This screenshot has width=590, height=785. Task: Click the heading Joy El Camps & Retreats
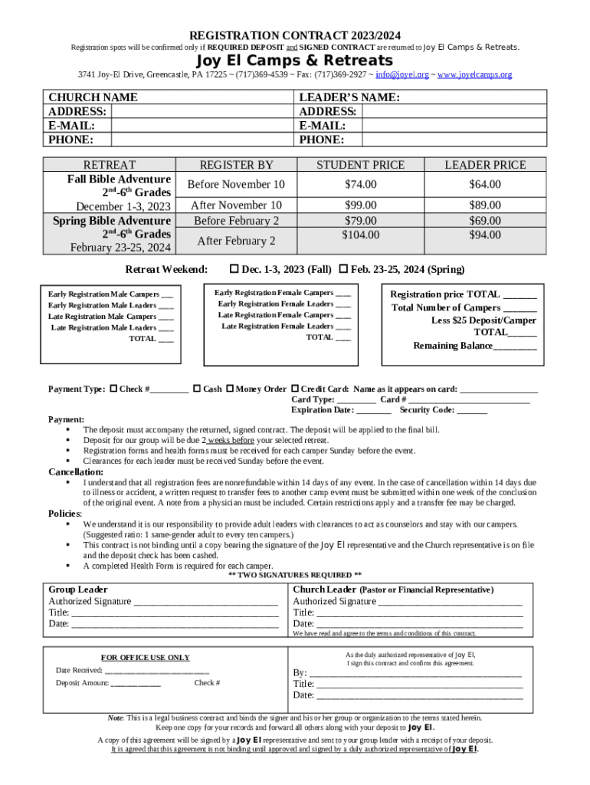[x=295, y=61]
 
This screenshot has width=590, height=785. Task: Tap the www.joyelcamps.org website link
[x=474, y=75]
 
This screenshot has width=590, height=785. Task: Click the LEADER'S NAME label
[x=349, y=97]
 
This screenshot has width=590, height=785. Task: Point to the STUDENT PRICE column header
[x=360, y=165]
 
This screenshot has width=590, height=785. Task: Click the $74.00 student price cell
[x=360, y=184]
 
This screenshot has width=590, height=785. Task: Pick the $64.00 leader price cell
[x=484, y=184]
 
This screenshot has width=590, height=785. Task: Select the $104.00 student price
[x=360, y=235]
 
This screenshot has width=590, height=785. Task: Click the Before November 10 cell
[x=236, y=185]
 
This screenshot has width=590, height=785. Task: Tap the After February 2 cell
[x=236, y=241]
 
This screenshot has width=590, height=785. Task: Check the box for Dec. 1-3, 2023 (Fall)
[x=234, y=269]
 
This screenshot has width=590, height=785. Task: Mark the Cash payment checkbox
[x=197, y=389]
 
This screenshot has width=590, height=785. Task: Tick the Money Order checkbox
[x=229, y=389]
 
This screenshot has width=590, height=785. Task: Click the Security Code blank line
[x=471, y=410]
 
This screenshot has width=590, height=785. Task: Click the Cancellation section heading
[x=76, y=472]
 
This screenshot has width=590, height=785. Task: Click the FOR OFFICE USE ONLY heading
[x=146, y=657]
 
